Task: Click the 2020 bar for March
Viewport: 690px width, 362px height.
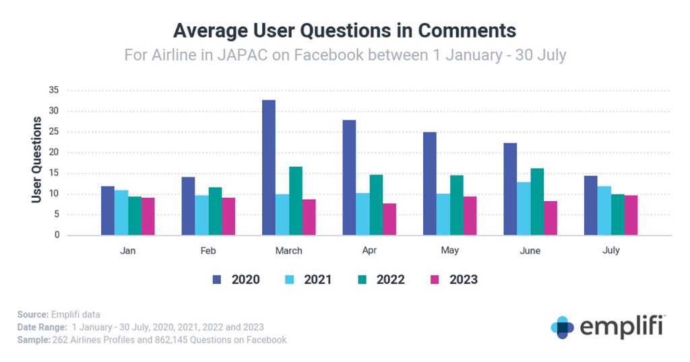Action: [268, 168]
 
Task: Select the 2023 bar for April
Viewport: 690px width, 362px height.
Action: [389, 219]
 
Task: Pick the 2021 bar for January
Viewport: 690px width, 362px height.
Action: [121, 213]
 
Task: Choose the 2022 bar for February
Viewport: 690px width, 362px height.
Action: [215, 211]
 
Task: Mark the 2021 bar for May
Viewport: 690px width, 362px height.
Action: [443, 215]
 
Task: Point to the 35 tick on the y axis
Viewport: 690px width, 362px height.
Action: [53, 90]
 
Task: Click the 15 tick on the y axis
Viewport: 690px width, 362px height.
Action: [53, 174]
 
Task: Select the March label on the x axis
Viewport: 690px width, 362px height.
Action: [288, 250]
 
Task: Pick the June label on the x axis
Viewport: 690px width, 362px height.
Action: [530, 250]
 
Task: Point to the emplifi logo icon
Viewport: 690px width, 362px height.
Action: [562, 327]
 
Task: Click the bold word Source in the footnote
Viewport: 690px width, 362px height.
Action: [31, 314]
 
